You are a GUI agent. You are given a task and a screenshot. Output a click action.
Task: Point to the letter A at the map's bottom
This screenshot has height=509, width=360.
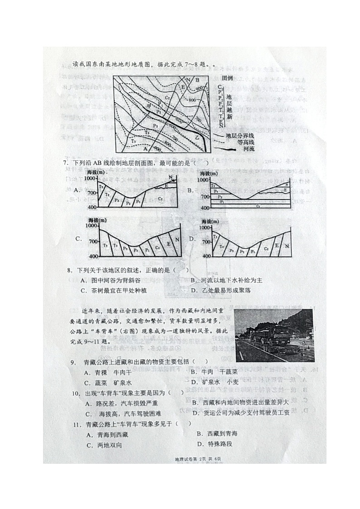coord(145,149)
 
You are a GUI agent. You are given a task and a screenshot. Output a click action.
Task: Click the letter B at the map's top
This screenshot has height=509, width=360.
coord(198,81)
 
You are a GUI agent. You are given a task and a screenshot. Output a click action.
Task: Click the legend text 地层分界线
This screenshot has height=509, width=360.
coord(239,136)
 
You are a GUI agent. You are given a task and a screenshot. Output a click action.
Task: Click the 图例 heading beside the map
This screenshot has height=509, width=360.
coord(227,78)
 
